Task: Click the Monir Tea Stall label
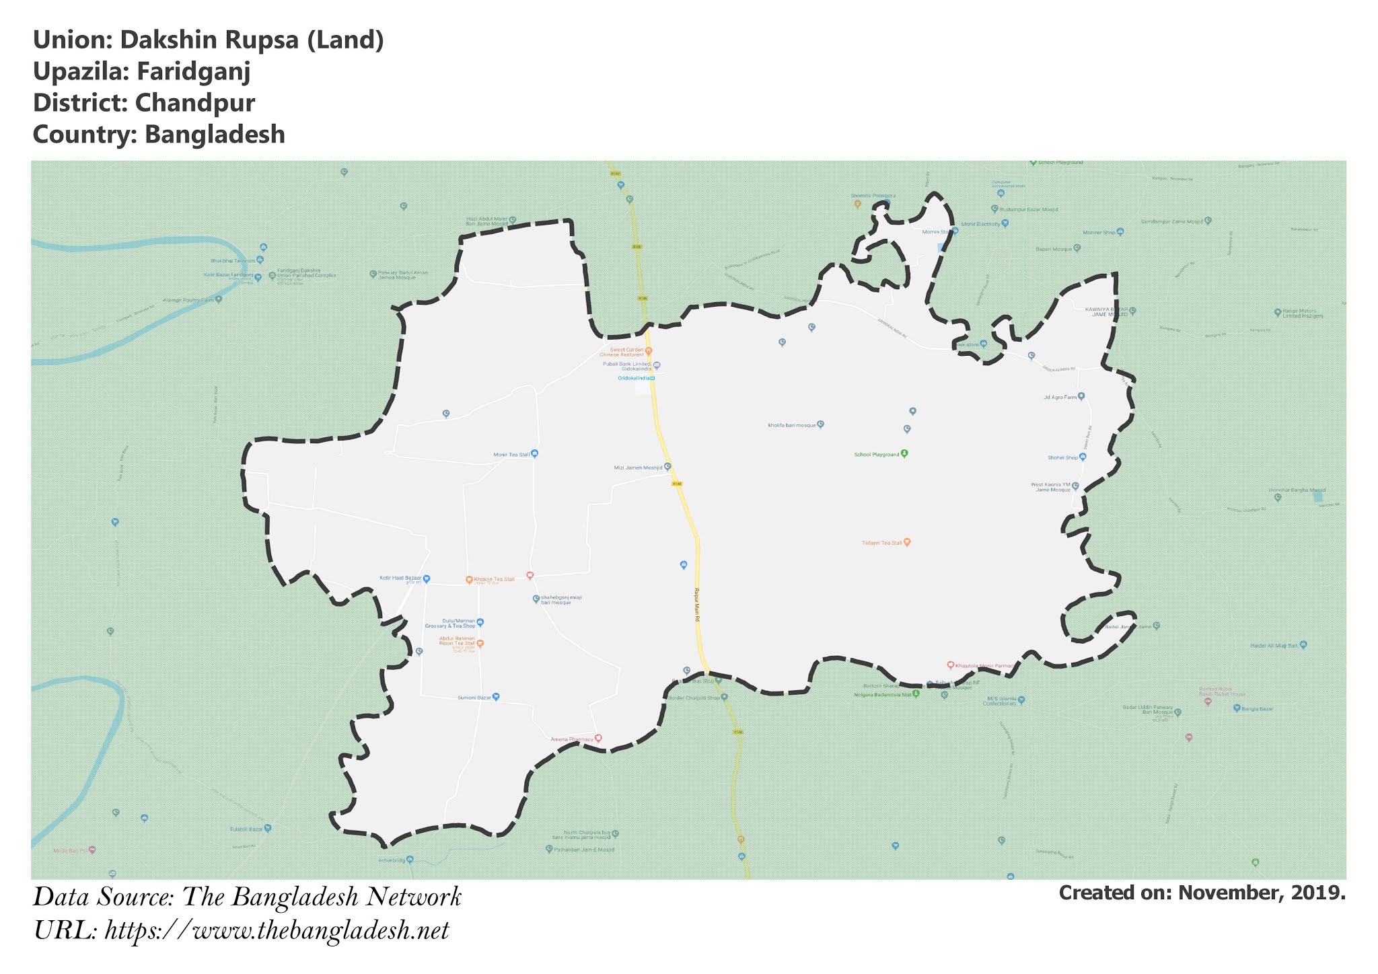point(511,455)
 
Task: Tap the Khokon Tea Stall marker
point(469,580)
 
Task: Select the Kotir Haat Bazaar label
point(400,578)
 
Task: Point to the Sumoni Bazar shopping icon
point(496,697)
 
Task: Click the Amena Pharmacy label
point(572,739)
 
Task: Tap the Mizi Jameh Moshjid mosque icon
point(667,466)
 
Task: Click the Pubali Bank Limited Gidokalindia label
point(627,367)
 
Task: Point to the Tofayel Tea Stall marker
point(907,541)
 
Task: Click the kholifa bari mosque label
point(791,425)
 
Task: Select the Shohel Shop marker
point(1083,457)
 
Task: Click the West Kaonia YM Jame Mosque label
point(1050,487)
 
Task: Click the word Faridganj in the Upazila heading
point(193,71)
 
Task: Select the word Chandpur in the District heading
point(194,103)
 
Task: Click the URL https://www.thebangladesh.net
point(277,932)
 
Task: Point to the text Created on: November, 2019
point(1202,893)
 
